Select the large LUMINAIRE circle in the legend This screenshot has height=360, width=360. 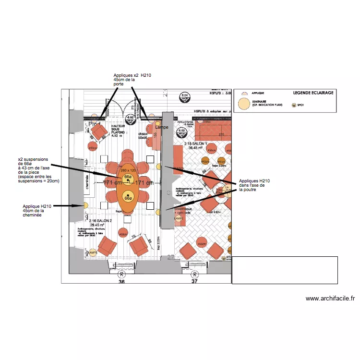244,104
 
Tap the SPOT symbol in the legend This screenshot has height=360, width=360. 294,105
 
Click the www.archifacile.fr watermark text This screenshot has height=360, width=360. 330,298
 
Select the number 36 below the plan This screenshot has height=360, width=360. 121,282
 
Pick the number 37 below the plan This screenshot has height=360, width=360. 194,282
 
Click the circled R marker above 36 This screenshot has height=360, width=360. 122,274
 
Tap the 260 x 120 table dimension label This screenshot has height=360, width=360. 128,170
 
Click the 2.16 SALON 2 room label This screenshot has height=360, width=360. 100,220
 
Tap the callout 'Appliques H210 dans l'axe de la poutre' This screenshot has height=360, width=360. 254,185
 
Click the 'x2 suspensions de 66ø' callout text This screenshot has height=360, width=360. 38,170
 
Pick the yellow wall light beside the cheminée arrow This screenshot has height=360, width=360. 86,205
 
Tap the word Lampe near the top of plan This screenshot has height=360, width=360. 162,127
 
